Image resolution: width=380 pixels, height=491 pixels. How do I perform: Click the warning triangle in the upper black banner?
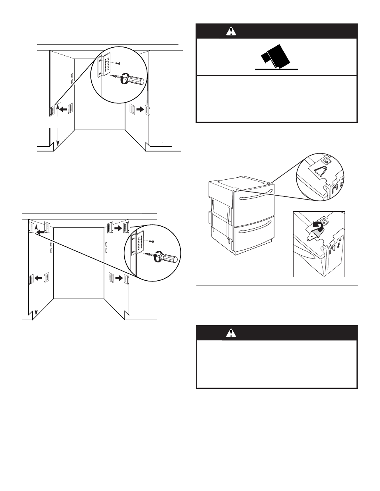[231, 31]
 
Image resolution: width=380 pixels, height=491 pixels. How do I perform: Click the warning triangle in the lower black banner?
[231, 333]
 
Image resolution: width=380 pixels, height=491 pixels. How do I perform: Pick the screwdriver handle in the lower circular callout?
[169, 259]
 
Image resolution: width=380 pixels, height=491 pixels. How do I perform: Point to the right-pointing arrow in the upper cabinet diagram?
[139, 109]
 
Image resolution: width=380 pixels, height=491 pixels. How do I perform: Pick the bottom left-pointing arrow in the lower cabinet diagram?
[39, 278]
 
